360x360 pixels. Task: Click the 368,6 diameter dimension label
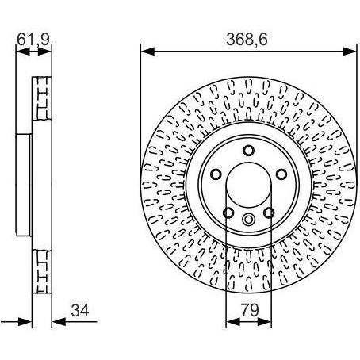247,39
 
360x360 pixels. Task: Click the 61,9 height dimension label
33,39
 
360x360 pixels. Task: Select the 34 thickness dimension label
80,310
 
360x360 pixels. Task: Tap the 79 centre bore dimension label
250,310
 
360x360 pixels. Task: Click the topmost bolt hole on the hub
248,151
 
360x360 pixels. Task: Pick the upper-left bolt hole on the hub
216,174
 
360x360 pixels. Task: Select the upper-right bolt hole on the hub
281,174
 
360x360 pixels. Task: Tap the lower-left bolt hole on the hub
228,213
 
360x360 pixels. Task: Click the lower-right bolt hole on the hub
269,213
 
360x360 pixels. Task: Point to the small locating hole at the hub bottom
248,219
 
